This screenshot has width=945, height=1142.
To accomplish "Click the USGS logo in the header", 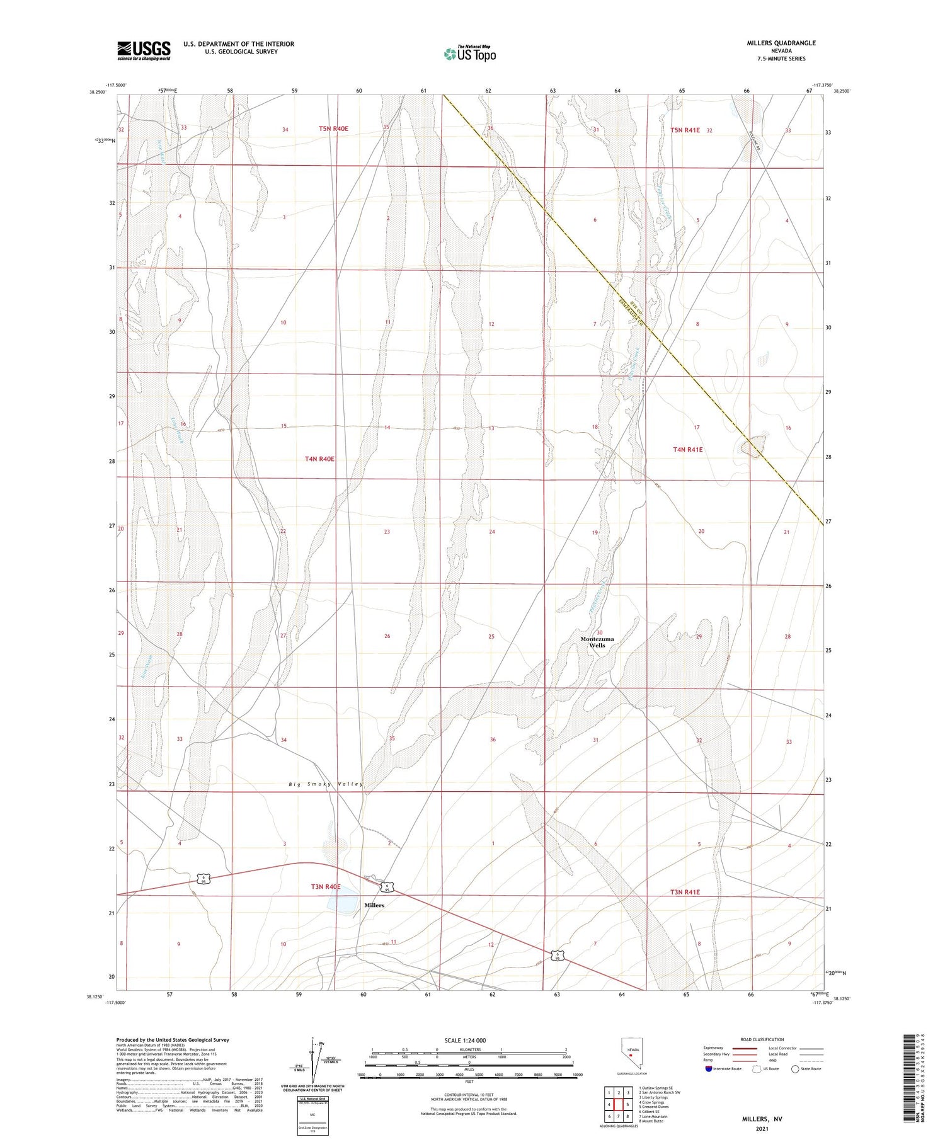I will (x=144, y=50).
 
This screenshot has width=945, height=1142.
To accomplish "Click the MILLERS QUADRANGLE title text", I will (x=781, y=43).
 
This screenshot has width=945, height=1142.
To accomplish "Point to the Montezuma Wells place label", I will (x=597, y=642).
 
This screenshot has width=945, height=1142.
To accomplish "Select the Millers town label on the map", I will (x=374, y=905).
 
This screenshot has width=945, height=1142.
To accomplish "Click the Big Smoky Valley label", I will (x=326, y=784).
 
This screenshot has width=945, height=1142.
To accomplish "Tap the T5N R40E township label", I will (x=333, y=128).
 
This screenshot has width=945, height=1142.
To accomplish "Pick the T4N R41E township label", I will (x=687, y=450).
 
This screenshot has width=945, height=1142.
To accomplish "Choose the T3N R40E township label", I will (x=325, y=887).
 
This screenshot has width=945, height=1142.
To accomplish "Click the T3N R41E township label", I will (x=685, y=892).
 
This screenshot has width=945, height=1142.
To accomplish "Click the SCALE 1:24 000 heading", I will (x=465, y=1041).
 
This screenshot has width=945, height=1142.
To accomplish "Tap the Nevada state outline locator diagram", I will (x=632, y=1056).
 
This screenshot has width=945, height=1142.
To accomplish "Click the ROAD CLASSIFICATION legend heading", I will (x=762, y=1039).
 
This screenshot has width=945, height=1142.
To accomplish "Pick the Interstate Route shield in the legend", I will (x=709, y=1069).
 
